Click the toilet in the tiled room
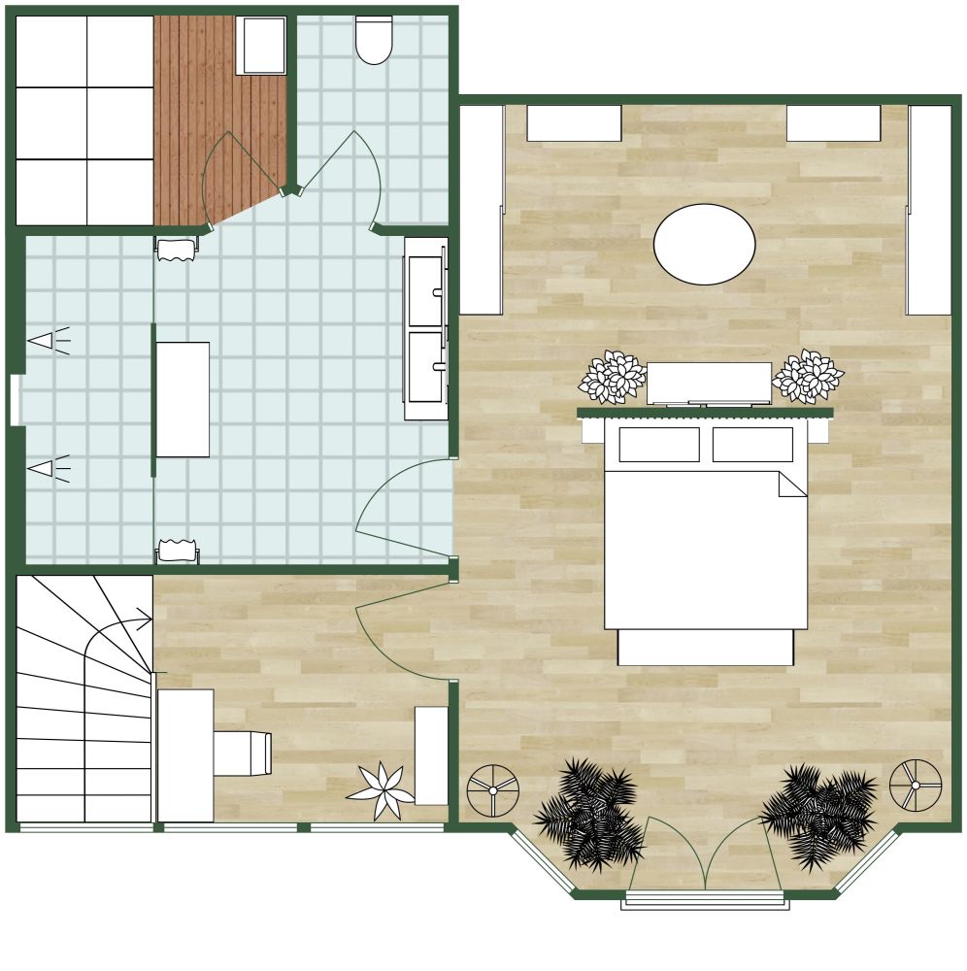tap(374, 40)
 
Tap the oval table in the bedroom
tap(704, 245)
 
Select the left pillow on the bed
tap(659, 445)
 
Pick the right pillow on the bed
tap(752, 445)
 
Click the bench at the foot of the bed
tap(706, 648)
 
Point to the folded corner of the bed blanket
tap(792, 484)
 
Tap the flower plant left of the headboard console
tap(612, 377)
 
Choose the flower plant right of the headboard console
tap(808, 376)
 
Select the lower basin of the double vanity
tap(425, 367)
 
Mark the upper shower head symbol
tap(45, 341)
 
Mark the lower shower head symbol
tap(45, 469)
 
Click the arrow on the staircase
tap(143, 619)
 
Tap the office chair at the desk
tap(242, 753)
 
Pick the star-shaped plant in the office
tap(382, 790)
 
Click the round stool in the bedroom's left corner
tap(493, 790)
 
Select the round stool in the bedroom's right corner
tap(916, 785)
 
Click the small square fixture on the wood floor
tap(262, 46)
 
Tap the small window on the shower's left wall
tap(15, 400)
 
